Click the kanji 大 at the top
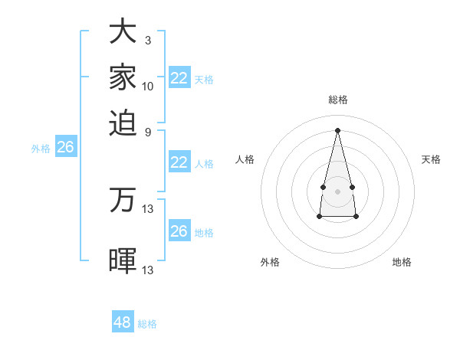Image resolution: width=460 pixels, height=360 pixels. pyautogui.click(x=123, y=32)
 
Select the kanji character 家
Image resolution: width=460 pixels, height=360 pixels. pyautogui.click(x=123, y=77)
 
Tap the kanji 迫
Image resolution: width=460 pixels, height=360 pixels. pyautogui.click(x=123, y=123)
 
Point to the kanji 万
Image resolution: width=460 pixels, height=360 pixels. pyautogui.click(x=123, y=201)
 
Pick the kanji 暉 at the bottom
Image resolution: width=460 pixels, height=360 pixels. pyautogui.click(x=123, y=260)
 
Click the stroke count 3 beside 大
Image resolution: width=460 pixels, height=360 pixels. pyautogui.click(x=148, y=40)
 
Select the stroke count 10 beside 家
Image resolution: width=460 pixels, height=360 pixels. pyautogui.click(x=148, y=86)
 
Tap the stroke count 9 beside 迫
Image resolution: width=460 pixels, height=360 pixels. pyautogui.click(x=148, y=132)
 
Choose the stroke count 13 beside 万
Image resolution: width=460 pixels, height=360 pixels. pyautogui.click(x=148, y=208)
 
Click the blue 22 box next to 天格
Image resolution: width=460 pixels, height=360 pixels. pyautogui.click(x=179, y=78)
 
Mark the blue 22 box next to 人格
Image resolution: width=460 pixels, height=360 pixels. pyautogui.click(x=179, y=162)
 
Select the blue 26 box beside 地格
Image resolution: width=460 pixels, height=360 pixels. pyautogui.click(x=179, y=231)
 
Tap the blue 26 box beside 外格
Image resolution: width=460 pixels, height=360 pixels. pyautogui.click(x=65, y=148)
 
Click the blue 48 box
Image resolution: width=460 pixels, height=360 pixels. pyautogui.click(x=122, y=322)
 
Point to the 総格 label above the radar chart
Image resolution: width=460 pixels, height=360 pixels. pyautogui.click(x=337, y=100)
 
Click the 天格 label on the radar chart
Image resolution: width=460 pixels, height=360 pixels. pyautogui.click(x=431, y=159)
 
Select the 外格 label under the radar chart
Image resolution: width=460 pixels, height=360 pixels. pyautogui.click(x=270, y=262)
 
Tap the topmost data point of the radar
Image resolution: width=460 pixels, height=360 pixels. pyautogui.click(x=337, y=129)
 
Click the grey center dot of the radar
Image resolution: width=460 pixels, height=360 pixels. pyautogui.click(x=337, y=190)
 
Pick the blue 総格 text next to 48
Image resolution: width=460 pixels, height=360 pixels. pyautogui.click(x=147, y=324)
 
